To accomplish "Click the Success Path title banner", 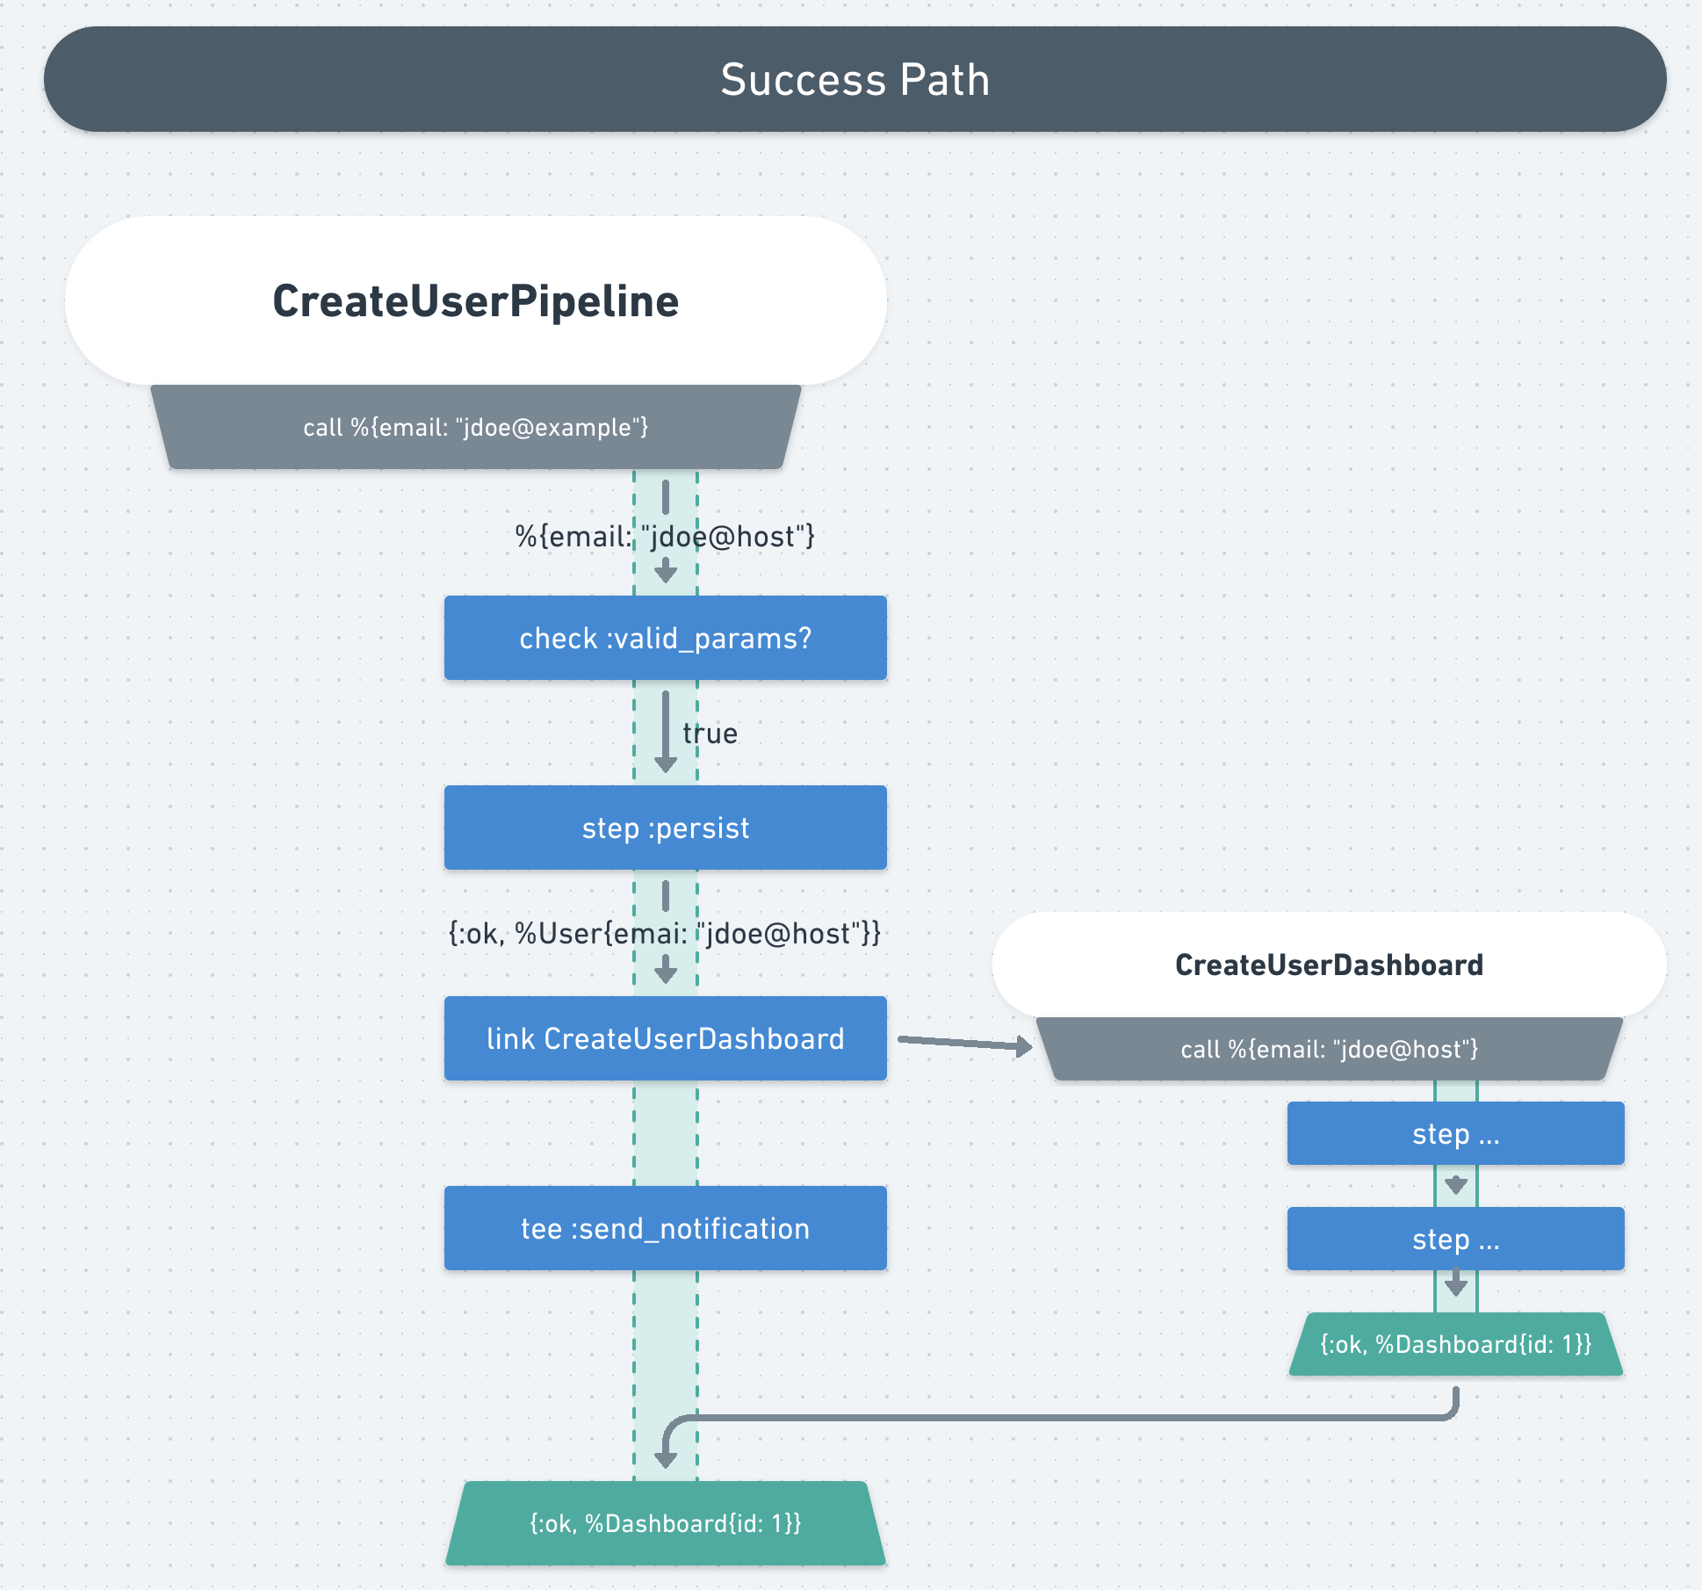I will click(855, 79).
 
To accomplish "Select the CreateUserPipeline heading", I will click(475, 301).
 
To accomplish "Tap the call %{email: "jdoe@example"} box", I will click(475, 427).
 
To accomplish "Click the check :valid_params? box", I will click(665, 638).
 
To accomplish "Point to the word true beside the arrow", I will click(710, 734).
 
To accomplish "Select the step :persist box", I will click(665, 828).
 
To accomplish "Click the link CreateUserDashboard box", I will click(665, 1038).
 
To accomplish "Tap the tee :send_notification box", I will click(665, 1228).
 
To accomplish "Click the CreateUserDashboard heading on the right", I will click(1328, 965).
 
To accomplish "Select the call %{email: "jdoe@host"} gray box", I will click(1328, 1049).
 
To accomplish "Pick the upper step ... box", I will click(1455, 1133).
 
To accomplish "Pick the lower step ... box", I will click(1455, 1239).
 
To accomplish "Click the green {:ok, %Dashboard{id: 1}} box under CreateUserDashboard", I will click(1455, 1344).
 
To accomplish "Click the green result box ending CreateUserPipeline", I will click(665, 1523).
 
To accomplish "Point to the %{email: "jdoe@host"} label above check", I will click(665, 536).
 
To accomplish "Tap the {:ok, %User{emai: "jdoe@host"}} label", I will click(665, 933).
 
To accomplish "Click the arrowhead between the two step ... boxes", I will click(1456, 1185).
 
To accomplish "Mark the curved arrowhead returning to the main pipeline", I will click(666, 1458).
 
